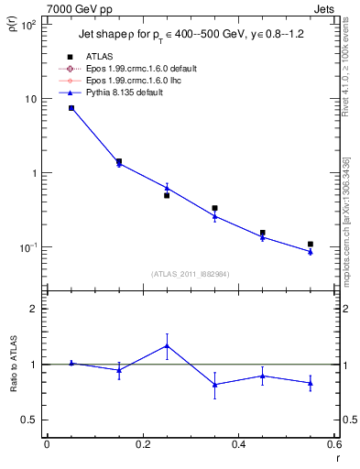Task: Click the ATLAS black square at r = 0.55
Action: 311,245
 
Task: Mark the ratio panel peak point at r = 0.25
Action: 167,345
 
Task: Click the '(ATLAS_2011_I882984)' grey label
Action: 191,274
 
